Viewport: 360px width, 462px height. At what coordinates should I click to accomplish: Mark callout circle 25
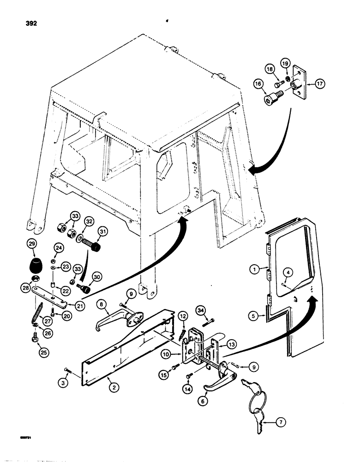[x=34, y=354]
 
